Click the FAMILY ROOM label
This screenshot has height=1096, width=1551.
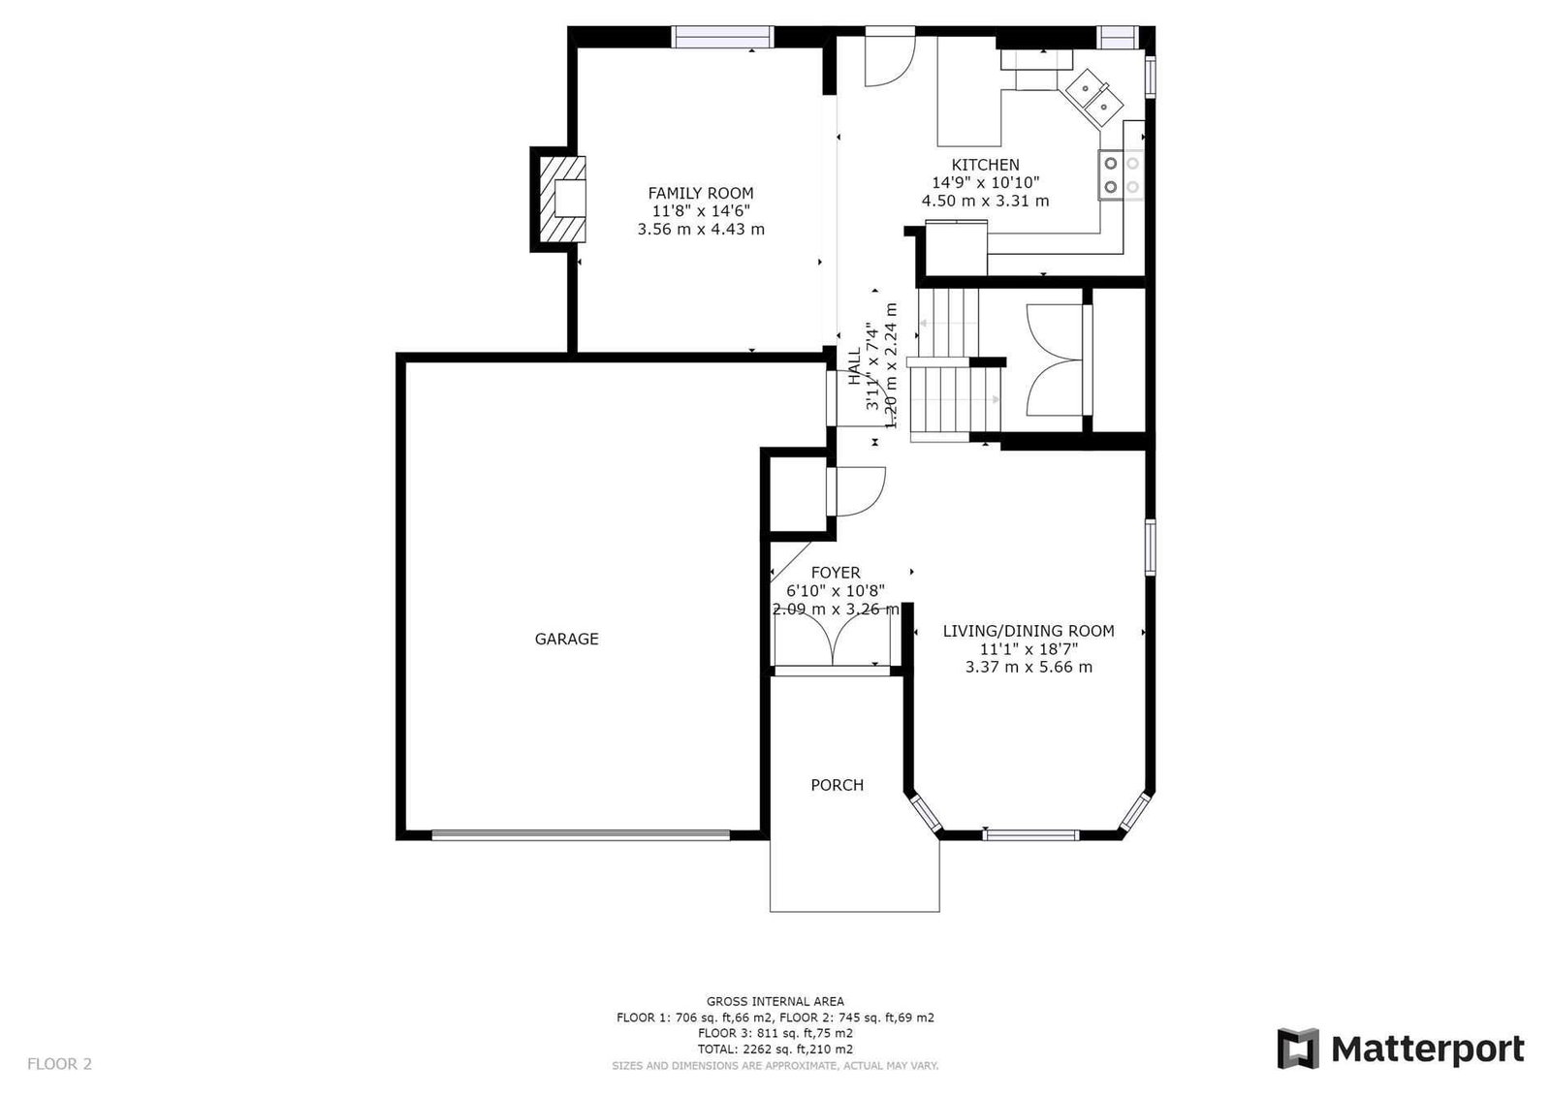701,193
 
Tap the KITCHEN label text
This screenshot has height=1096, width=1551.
985,165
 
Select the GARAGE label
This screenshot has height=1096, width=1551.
566,639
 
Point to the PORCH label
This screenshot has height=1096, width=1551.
838,785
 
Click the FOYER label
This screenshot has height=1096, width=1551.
836,573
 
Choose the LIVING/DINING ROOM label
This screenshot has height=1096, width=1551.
1029,631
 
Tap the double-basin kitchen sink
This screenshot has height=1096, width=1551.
1094,98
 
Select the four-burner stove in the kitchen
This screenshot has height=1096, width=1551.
1121,175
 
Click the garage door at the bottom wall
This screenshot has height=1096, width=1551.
581,835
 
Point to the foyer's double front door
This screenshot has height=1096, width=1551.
833,638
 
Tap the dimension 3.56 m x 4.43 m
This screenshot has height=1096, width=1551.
701,229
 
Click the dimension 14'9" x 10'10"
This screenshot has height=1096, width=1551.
985,183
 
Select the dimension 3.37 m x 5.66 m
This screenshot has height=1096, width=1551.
1029,668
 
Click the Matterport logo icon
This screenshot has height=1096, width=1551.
1298,1049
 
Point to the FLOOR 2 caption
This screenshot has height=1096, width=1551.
59,1064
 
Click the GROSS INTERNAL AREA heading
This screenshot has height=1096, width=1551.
775,1001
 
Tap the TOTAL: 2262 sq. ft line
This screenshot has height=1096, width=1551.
775,1049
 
